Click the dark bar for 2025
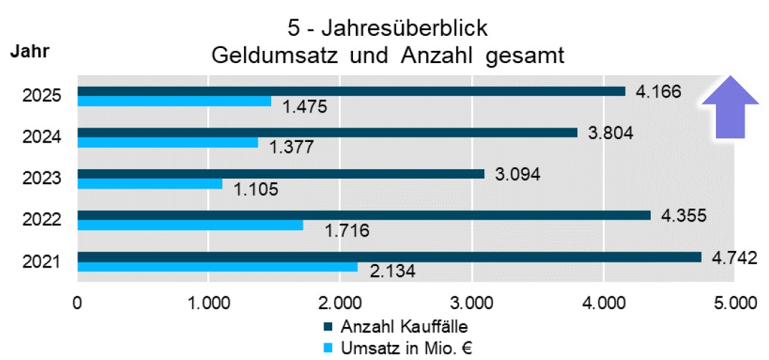click(x=352, y=91)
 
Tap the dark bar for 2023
click(x=280, y=174)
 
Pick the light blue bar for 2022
click(x=190, y=225)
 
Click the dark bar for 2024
click(x=327, y=133)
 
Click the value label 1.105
click(x=257, y=190)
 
